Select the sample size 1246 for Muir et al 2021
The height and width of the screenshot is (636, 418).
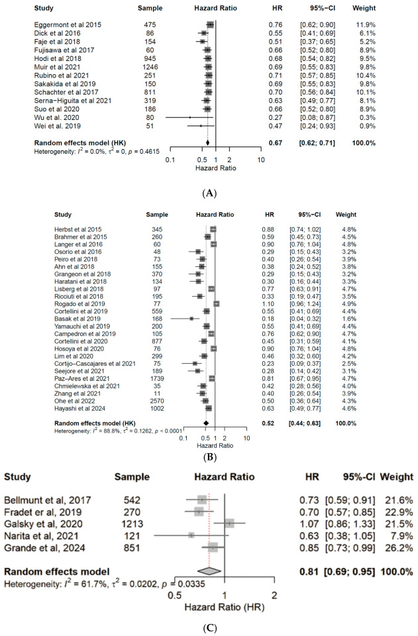(x=144, y=66)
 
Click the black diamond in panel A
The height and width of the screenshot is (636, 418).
(x=207, y=141)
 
